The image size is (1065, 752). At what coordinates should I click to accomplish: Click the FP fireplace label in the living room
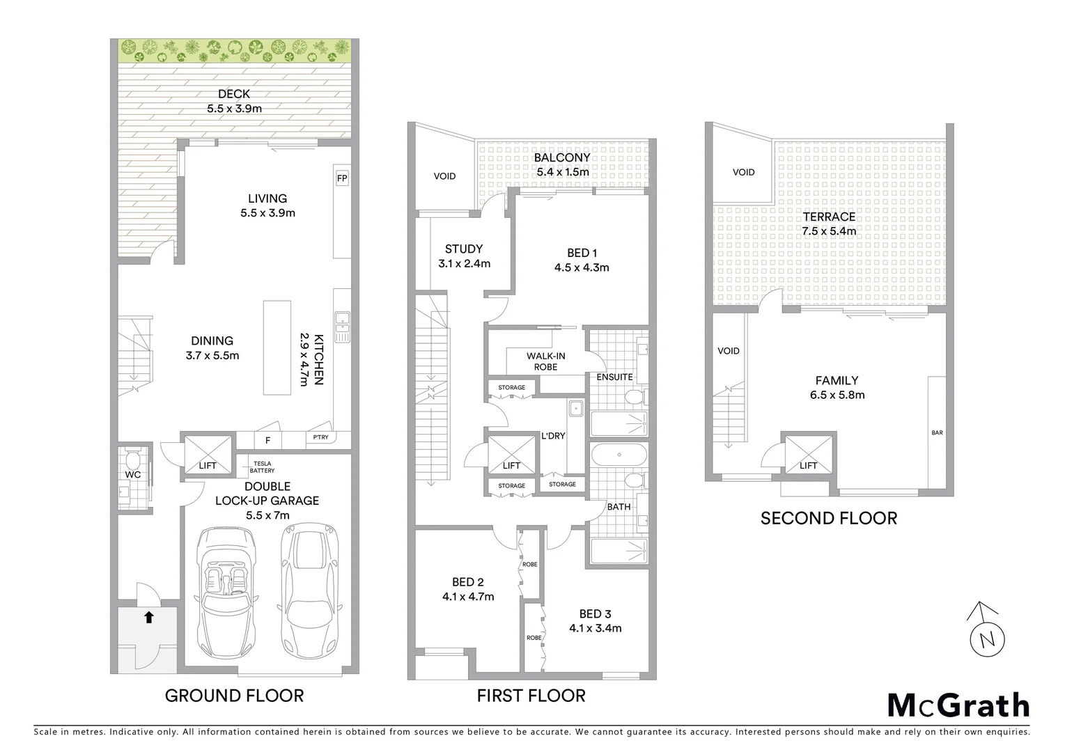point(341,178)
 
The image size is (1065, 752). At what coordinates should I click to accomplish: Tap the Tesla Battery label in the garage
point(263,467)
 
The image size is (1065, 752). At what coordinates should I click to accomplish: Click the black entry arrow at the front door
point(148,616)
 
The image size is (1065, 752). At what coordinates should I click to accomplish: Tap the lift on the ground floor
point(208,455)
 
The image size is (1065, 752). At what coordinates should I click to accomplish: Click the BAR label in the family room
point(937,433)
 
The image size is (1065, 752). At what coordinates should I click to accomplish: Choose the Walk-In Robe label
point(545,361)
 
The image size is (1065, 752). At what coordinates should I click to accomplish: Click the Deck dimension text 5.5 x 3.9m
point(234,109)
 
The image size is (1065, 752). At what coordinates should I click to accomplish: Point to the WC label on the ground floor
point(133,475)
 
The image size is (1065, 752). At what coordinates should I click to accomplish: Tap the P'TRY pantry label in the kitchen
point(320,437)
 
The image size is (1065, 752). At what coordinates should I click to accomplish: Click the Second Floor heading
point(828,518)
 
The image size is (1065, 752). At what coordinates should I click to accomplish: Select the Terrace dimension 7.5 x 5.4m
point(828,231)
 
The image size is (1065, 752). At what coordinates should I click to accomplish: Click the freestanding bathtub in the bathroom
point(619,455)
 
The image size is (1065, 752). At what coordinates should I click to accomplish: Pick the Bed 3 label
point(595,613)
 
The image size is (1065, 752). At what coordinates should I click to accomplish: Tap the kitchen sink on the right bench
point(341,326)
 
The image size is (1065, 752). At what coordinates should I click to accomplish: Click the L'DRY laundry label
point(553,437)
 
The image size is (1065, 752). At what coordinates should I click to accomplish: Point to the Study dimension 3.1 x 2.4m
point(464,264)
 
